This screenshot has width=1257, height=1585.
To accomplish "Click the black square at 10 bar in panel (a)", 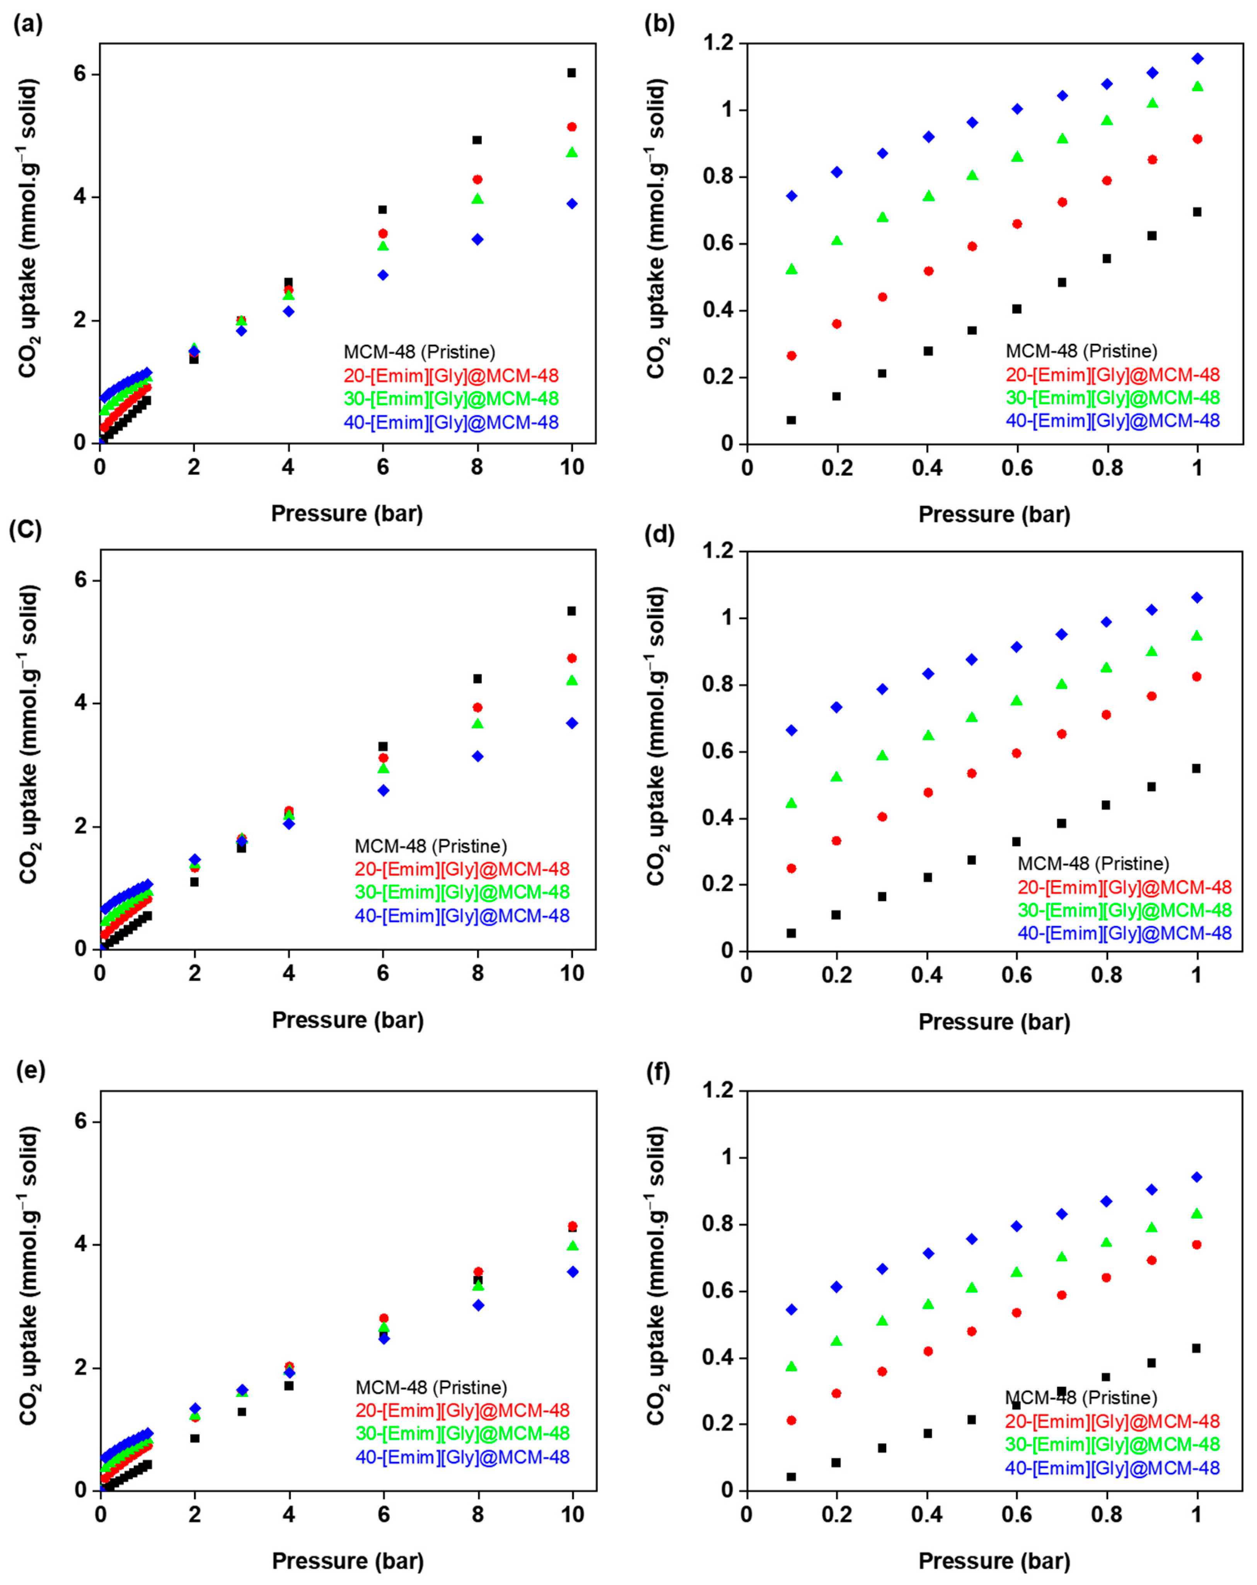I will pyautogui.click(x=571, y=73).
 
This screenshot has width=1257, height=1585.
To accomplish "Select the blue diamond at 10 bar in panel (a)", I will pyautogui.click(x=571, y=204).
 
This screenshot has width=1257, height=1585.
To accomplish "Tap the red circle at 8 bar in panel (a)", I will pyautogui.click(x=478, y=179).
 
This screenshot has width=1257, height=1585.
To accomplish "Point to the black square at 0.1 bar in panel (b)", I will pyautogui.click(x=791, y=420).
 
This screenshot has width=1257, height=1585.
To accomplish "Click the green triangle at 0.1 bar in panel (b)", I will pyautogui.click(x=791, y=269).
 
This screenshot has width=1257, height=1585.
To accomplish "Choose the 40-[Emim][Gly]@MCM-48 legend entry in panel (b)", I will pyautogui.click(x=1112, y=420).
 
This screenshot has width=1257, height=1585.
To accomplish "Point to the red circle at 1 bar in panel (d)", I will pyautogui.click(x=1197, y=676).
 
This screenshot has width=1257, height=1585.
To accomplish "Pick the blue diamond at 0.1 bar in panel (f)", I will pyautogui.click(x=791, y=1309).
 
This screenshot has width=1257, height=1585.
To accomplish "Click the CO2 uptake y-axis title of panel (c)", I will pyautogui.click(x=28, y=735).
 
